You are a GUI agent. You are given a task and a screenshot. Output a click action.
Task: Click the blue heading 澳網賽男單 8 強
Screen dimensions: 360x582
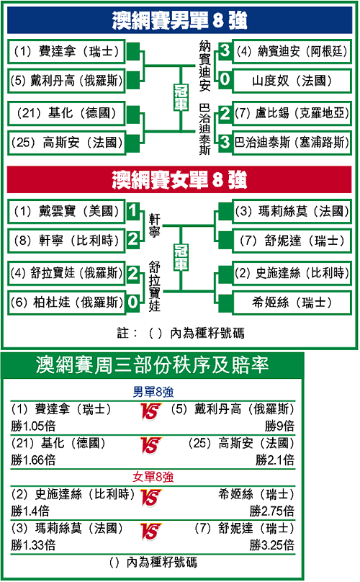click(179, 20)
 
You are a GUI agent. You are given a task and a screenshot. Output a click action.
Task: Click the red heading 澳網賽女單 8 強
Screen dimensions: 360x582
click(179, 179)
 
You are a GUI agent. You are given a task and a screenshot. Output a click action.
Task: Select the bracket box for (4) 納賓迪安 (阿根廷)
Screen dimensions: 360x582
click(292, 51)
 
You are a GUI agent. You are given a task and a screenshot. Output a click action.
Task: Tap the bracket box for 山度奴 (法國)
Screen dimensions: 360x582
click(292, 81)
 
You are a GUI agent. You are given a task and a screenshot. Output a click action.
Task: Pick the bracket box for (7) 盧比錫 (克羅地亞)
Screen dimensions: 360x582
click(292, 113)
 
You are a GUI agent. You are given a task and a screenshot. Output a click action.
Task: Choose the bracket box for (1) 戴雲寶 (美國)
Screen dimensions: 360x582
click(66, 211)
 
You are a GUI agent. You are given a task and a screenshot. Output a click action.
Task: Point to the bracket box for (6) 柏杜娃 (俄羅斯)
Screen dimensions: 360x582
click(66, 302)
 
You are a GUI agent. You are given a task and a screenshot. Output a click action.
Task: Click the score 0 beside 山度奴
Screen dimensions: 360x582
click(225, 79)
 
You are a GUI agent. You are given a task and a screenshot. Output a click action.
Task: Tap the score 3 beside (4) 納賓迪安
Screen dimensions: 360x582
click(225, 50)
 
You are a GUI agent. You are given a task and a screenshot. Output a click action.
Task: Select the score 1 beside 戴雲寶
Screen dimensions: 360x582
click(132, 211)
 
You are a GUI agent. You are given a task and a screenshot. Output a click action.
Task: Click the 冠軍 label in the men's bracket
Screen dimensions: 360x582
click(181, 97)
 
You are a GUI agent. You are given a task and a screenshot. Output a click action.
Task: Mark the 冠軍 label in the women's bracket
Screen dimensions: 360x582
click(181, 257)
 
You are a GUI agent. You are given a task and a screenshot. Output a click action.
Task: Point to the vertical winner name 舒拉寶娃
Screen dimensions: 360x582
click(154, 286)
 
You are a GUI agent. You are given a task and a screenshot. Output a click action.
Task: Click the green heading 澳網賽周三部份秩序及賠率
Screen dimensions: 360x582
click(152, 365)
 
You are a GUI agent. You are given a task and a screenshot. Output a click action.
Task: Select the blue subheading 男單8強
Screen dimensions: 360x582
click(153, 392)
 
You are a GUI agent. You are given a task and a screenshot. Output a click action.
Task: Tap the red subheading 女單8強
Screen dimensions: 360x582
click(153, 477)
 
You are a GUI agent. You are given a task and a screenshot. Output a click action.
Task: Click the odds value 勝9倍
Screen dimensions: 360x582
click(279, 426)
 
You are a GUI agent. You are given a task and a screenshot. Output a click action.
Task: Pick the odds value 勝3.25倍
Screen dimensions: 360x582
click(271, 545)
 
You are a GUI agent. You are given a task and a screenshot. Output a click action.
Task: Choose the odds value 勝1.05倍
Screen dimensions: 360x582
click(33, 426)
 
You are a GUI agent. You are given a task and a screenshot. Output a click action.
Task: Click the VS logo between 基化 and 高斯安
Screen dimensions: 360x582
click(150, 445)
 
